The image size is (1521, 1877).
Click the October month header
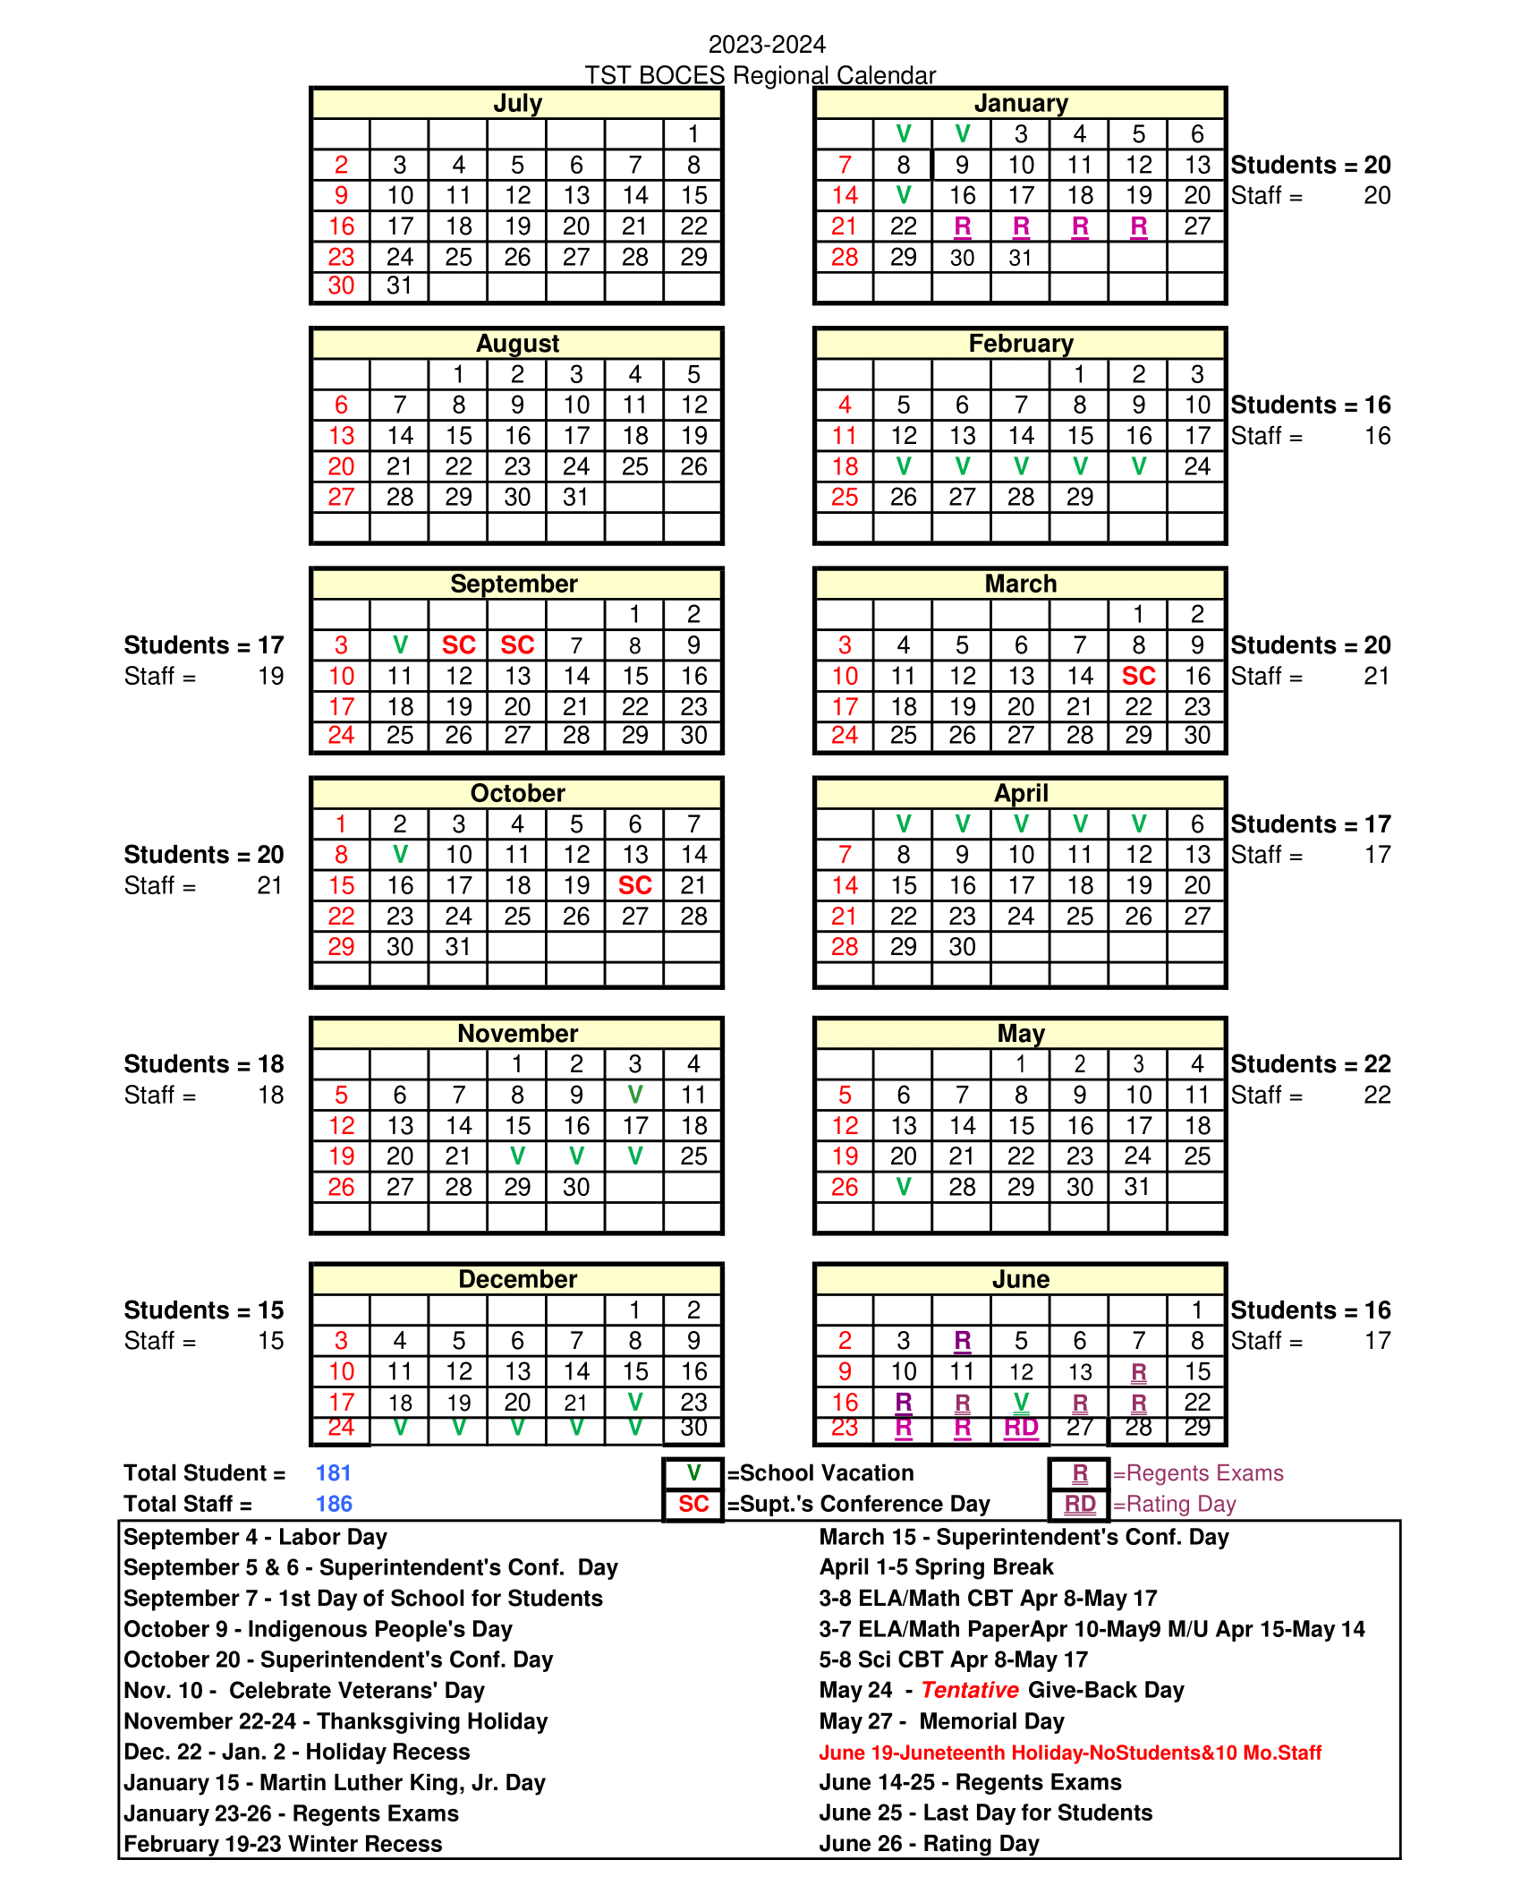517,793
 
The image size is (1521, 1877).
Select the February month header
1020,344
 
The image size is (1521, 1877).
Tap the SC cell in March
1138,676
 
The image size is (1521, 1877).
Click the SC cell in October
634,885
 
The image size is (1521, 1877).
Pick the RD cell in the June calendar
1021,1428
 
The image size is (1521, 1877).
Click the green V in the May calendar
904,1187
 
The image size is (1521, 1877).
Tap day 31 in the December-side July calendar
400,286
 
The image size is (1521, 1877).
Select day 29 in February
1079,497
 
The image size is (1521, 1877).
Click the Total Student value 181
333,1473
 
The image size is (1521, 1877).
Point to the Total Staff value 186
334,1504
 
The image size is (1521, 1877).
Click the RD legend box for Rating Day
1079,1505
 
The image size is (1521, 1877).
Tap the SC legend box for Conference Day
693,1504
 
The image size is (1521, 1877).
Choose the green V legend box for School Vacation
693,1473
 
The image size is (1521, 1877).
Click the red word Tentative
970,1690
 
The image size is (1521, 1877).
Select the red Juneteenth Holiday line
1070,1753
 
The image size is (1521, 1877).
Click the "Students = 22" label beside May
1311,1064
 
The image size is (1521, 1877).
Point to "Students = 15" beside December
204,1310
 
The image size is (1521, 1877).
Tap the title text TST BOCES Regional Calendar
760,75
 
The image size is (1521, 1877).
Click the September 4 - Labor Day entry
255,1537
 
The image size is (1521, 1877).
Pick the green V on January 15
904,195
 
